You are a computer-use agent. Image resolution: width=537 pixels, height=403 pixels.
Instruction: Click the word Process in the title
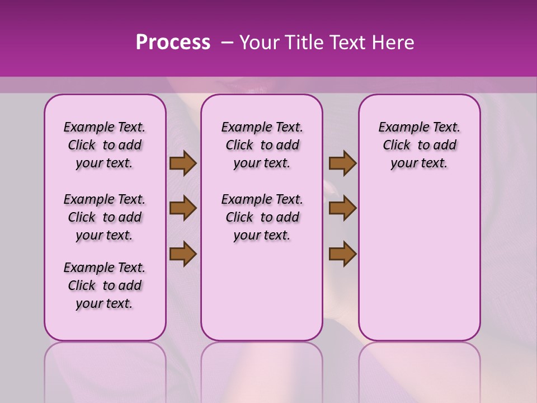point(173,43)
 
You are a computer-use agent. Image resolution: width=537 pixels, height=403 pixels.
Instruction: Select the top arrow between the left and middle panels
point(183,163)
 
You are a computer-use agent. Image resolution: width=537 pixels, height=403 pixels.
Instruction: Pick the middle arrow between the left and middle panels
point(183,209)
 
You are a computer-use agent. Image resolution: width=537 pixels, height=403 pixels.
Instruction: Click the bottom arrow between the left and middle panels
point(183,254)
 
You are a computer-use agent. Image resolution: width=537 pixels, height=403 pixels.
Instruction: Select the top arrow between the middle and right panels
point(342,163)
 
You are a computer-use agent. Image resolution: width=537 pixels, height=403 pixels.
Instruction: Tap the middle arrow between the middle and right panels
point(342,209)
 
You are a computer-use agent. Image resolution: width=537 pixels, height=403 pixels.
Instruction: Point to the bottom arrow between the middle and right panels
point(342,254)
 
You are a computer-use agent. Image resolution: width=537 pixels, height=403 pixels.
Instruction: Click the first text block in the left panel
point(105,145)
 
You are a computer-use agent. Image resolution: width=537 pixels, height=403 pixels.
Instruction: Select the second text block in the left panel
point(105,217)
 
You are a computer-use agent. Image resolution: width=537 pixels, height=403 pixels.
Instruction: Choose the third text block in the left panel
point(105,285)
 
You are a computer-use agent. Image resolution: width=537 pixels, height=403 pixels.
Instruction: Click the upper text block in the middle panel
point(262,145)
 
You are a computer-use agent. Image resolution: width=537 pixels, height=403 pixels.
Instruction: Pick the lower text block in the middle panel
point(262,217)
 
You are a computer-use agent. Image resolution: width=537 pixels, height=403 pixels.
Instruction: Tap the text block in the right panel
point(419,145)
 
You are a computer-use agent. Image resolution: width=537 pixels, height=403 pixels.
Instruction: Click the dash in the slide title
point(227,43)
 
